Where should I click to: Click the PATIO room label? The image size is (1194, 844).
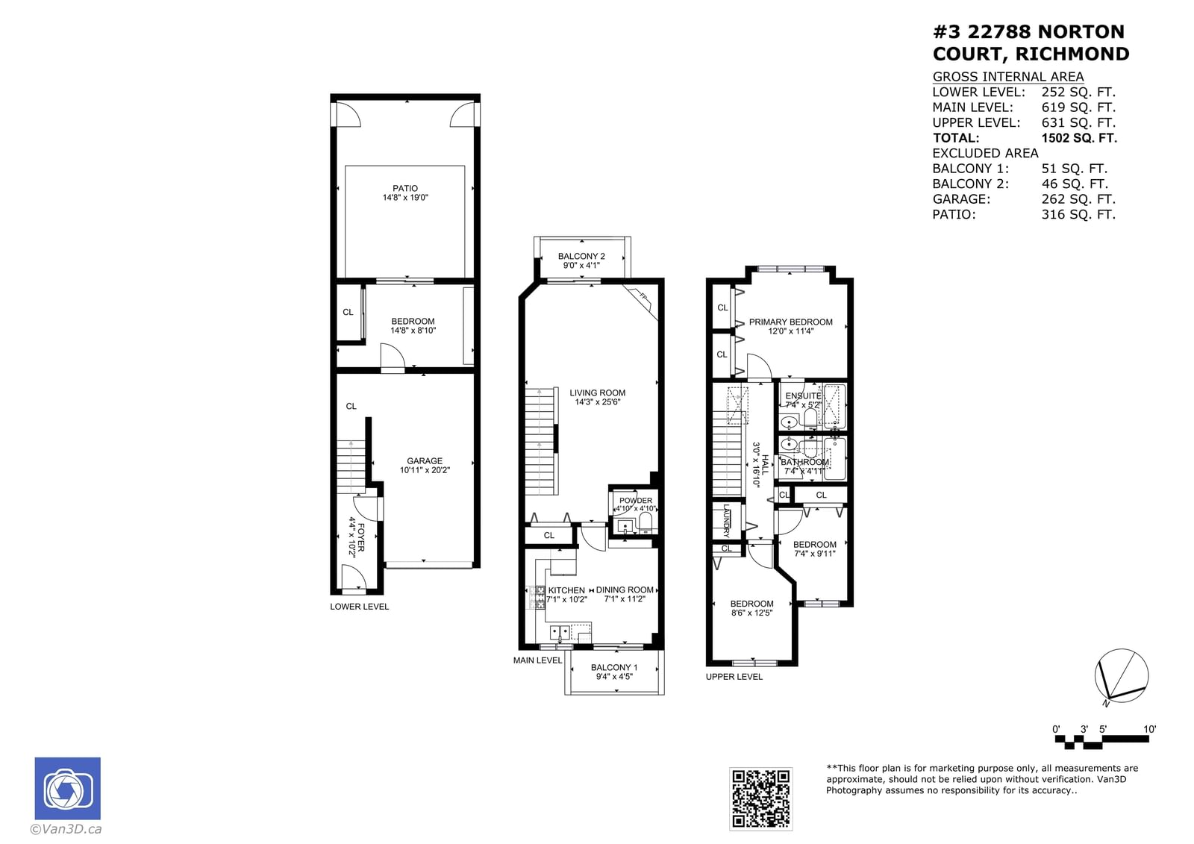(405, 189)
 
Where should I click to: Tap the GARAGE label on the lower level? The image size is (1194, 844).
(425, 461)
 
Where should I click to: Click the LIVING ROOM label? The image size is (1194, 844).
(597, 393)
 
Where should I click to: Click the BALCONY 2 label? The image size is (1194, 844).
(581, 256)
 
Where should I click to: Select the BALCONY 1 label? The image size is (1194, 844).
(613, 667)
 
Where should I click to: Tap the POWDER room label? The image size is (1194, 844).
(636, 501)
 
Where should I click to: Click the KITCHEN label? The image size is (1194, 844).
(566, 590)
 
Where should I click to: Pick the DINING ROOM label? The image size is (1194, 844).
(625, 590)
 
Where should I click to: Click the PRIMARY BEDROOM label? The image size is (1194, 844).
(790, 322)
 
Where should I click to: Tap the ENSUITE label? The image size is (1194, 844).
(803, 396)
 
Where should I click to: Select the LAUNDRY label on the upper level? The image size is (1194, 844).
(726, 521)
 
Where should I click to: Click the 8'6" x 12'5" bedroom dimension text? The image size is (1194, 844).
(751, 613)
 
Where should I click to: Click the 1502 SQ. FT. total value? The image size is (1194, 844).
(1079, 138)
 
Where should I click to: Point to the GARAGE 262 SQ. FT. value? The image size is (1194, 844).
(1078, 199)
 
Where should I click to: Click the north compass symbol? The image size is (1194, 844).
(1121, 676)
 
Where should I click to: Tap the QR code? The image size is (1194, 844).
(760, 798)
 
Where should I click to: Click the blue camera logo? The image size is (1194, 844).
(68, 789)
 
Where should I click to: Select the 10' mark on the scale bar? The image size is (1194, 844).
(1149, 729)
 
